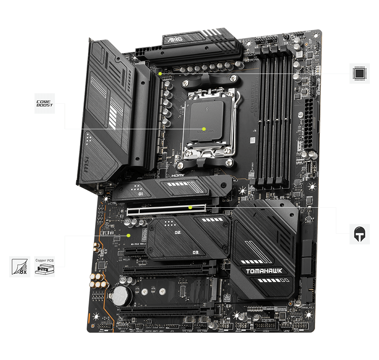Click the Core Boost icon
click(45, 103)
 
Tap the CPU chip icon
click(359, 73)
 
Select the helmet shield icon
click(359, 234)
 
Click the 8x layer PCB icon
click(20, 266)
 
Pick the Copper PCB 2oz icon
click(44, 266)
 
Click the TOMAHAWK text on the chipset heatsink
click(264, 271)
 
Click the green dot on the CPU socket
click(204, 129)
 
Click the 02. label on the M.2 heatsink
click(178, 232)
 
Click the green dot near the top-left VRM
click(161, 73)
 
